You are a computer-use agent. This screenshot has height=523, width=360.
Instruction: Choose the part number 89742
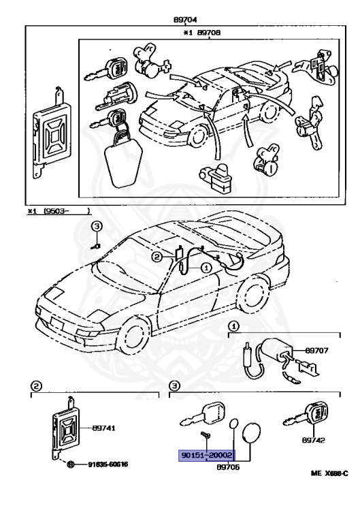[314, 441]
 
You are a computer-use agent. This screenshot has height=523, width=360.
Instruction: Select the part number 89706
[228, 467]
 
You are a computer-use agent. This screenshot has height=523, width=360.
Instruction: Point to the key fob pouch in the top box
[120, 161]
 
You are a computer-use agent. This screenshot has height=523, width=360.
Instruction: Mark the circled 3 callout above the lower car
[97, 225]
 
